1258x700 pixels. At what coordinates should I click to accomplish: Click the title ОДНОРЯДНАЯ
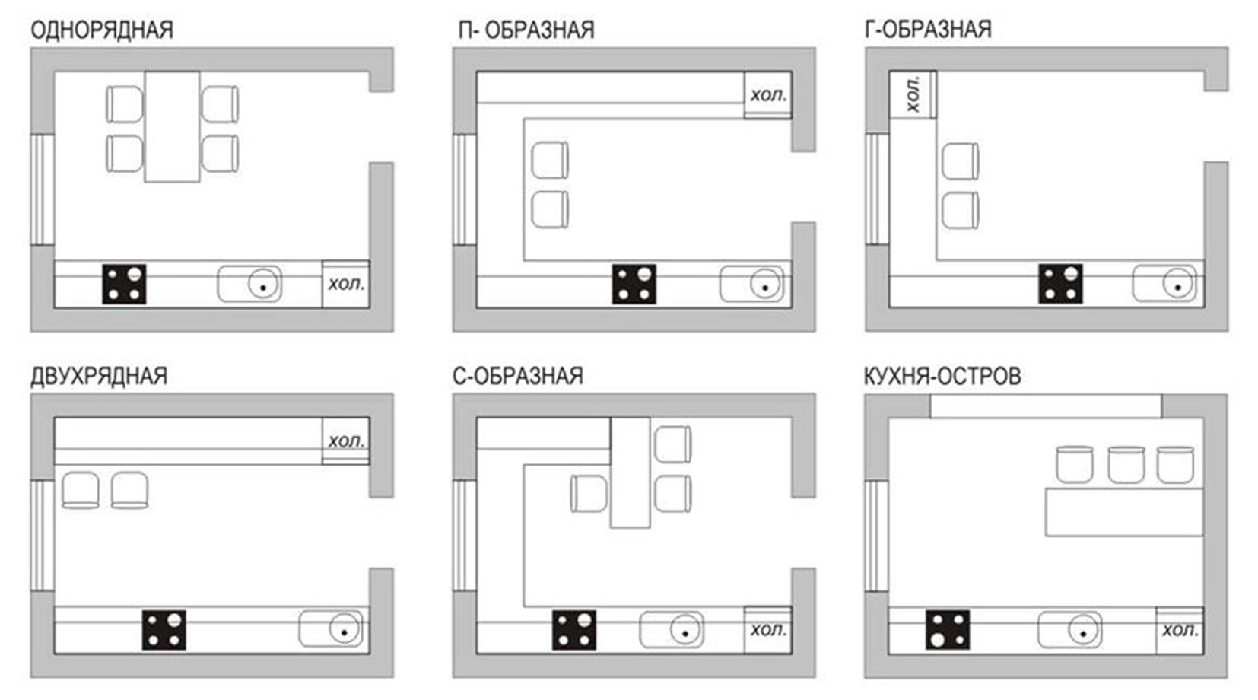coord(102,30)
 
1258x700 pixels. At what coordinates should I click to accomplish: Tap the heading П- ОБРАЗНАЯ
coord(526,30)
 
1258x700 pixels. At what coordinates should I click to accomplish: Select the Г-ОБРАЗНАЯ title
coord(928,29)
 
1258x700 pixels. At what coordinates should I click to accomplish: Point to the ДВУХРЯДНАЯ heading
coord(99,377)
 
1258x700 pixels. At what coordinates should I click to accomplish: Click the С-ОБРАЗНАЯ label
coord(518,376)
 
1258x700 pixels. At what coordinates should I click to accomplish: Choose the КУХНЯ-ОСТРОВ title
coord(942,377)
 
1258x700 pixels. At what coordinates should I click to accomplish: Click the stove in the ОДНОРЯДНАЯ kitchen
coord(124,285)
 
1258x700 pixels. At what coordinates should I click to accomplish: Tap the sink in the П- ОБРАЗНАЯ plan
coord(751,284)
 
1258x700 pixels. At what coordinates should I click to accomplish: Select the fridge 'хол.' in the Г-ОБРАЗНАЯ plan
coord(913,94)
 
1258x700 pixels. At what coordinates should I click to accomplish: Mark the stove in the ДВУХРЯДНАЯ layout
coord(164,630)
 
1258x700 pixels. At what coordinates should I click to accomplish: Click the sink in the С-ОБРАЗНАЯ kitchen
coord(672,630)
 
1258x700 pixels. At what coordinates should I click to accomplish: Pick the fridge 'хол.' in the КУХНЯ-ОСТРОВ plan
coord(1180,631)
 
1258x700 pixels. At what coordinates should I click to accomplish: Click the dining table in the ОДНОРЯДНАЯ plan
coord(172,126)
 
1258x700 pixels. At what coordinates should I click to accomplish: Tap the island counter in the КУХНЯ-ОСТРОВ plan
coord(1124,512)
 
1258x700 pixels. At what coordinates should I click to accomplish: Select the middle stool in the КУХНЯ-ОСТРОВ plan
coord(1126,465)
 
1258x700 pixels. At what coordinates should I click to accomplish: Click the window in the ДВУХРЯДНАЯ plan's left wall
coord(42,536)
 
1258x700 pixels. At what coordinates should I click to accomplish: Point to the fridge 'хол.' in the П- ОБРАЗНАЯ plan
coord(768,94)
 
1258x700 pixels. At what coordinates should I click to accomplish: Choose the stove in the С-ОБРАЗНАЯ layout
coord(574,630)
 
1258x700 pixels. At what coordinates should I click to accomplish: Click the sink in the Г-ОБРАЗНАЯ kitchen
coord(1164,284)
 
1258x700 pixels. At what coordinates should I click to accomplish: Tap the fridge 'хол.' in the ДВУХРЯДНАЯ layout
coord(346,441)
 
